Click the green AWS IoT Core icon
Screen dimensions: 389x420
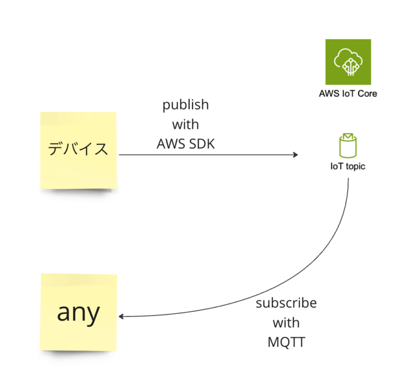point(348,61)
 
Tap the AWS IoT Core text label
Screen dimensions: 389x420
point(348,93)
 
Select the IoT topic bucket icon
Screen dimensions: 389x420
point(348,146)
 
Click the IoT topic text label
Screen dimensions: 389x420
point(348,166)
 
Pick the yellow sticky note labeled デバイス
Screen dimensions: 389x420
point(78,150)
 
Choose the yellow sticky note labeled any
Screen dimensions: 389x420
point(78,312)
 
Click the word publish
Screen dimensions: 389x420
point(186,104)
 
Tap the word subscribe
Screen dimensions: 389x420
point(286,303)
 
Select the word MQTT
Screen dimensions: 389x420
point(286,342)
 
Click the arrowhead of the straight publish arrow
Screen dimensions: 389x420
point(296,155)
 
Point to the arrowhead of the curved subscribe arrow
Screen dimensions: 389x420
point(122,317)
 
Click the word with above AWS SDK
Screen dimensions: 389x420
point(186,124)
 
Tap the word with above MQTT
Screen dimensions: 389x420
point(286,323)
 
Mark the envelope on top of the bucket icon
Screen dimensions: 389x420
point(348,136)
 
